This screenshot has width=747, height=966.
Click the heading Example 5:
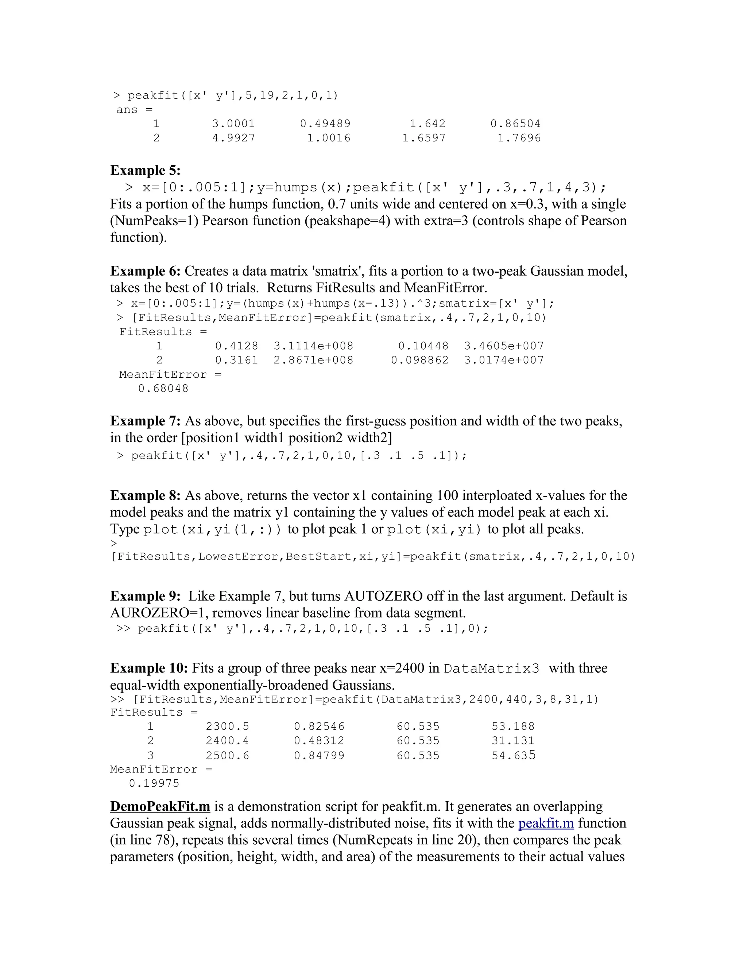(145, 170)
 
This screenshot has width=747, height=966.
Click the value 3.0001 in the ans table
(234, 124)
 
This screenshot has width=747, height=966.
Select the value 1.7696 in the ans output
(519, 138)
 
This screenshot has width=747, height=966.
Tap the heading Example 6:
(145, 271)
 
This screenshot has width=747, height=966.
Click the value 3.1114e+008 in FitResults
(313, 346)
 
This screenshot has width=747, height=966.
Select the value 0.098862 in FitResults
(419, 360)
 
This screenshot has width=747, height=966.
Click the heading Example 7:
(145, 421)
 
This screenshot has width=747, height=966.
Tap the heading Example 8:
(145, 495)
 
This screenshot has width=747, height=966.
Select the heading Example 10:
(149, 668)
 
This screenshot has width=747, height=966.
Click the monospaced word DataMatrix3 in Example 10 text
(492, 668)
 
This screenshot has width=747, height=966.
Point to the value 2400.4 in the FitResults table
(228, 740)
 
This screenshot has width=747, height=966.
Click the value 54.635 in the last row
(513, 755)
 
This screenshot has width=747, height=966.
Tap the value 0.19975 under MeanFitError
(154, 783)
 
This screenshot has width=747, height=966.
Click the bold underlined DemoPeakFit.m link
(160, 806)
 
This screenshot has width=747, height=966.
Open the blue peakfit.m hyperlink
(546, 823)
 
